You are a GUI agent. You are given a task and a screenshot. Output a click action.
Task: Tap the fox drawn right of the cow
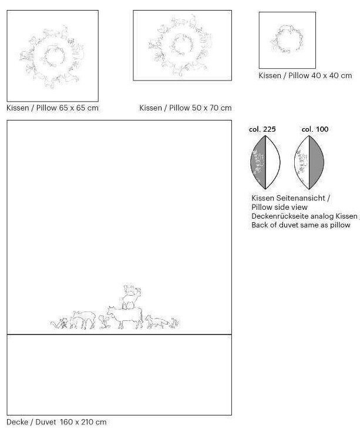click(x=157, y=322)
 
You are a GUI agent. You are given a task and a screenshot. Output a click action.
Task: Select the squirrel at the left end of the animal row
click(x=59, y=323)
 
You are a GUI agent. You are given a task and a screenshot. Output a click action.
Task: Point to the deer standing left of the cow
click(x=82, y=320)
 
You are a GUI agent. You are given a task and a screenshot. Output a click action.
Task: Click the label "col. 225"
click(x=263, y=129)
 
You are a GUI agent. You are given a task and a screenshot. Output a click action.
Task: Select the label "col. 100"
click(x=315, y=129)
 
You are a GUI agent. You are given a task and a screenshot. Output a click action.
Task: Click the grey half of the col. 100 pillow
click(x=316, y=162)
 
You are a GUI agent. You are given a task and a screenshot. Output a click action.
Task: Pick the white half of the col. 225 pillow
click(x=272, y=162)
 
